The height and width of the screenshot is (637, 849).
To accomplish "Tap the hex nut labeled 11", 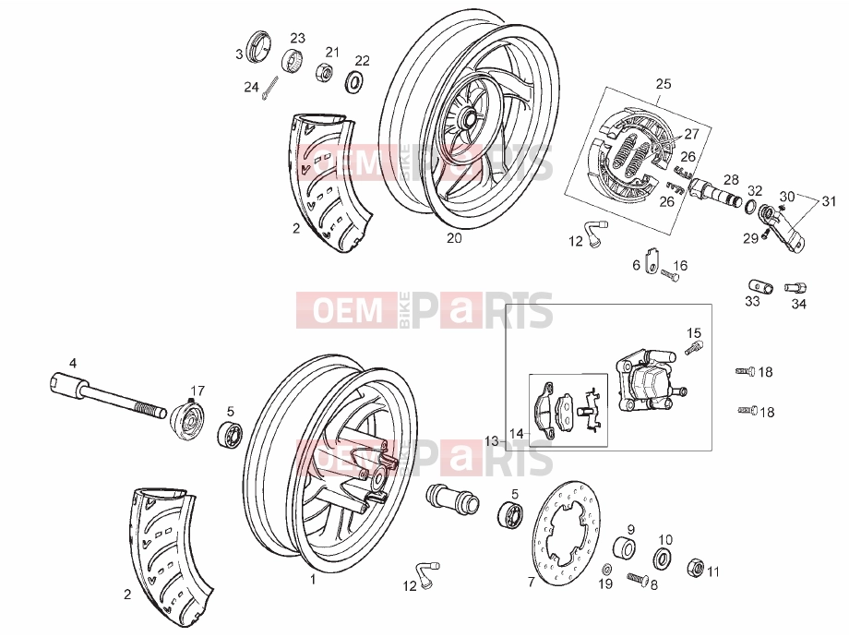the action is [695, 568].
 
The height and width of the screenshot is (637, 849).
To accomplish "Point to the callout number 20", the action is [454, 238].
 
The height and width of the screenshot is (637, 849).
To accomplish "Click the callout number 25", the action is [664, 83].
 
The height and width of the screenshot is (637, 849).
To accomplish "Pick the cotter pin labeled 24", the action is [270, 89].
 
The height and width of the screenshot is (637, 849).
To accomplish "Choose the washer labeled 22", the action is [354, 80].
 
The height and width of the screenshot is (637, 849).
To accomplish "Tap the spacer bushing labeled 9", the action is [625, 547].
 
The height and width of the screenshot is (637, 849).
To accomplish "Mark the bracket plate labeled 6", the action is [652, 260].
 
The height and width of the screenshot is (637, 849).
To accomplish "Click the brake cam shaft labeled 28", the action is [715, 192].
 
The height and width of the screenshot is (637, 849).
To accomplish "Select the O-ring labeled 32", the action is [750, 207].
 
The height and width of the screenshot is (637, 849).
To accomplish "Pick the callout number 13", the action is [491, 441].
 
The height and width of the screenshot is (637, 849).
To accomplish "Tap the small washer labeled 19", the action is [607, 569].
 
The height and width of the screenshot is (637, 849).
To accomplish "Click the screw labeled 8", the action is [639, 579].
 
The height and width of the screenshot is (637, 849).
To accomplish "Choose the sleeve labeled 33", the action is [760, 286].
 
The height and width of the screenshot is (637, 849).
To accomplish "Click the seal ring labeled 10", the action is [663, 559].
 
